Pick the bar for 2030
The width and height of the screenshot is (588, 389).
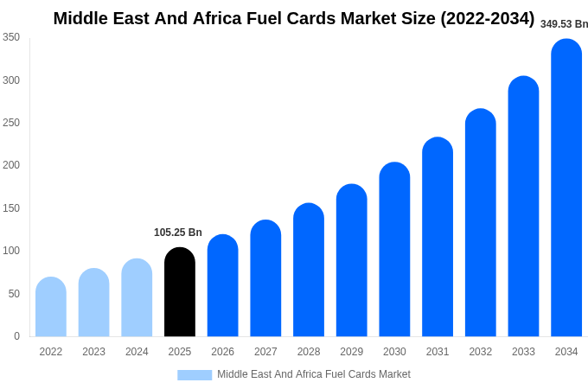(394, 250)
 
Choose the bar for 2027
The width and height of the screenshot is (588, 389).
(265, 278)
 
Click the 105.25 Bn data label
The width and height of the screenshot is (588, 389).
(178, 233)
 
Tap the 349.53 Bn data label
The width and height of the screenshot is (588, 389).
(564, 24)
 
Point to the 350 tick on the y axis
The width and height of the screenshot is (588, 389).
(11, 37)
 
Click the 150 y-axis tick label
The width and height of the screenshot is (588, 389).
(11, 208)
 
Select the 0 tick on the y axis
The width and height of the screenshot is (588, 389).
(16, 336)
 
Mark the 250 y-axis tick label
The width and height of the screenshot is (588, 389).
(11, 123)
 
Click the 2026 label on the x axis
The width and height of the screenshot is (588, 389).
(222, 352)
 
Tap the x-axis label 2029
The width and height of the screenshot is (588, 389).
(351, 352)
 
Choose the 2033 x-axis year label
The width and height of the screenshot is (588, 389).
(523, 352)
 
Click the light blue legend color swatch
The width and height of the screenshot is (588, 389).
(195, 375)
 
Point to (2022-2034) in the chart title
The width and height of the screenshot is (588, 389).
(487, 18)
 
